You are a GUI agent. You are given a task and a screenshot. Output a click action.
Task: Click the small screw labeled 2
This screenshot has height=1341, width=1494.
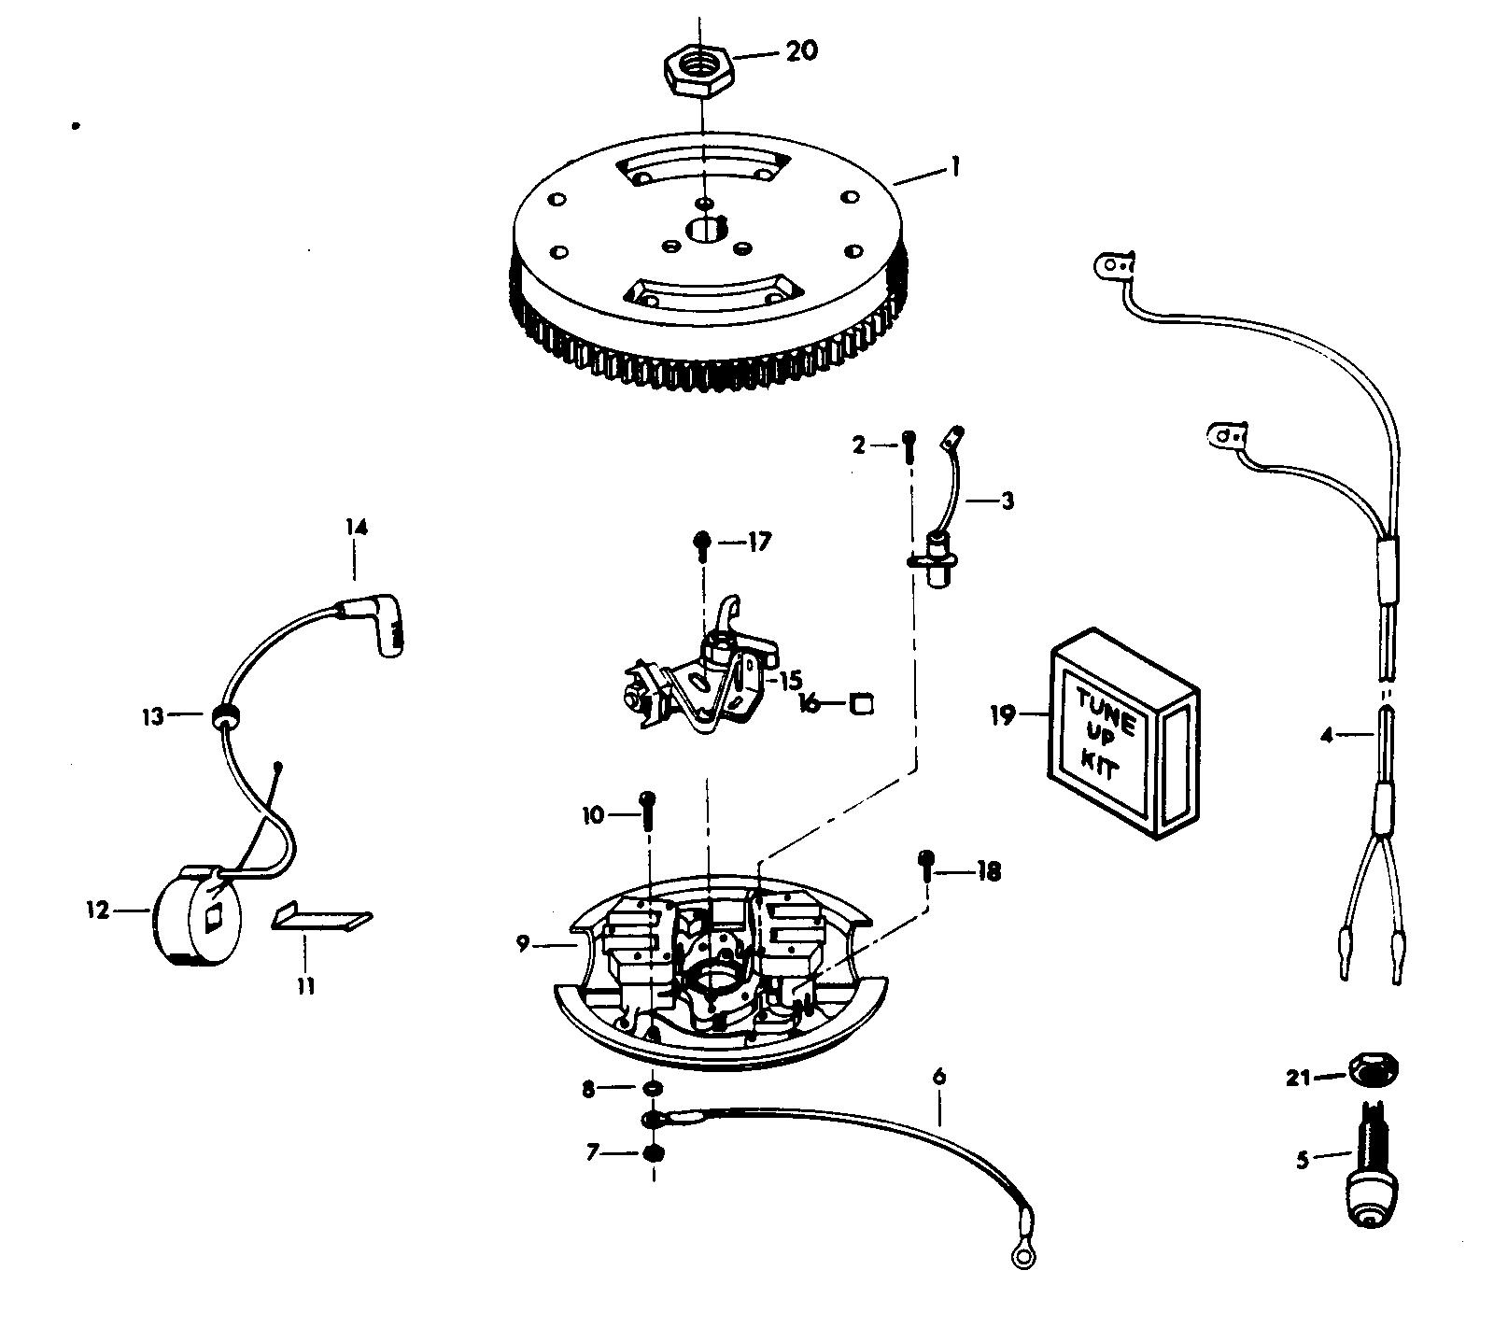coord(910,447)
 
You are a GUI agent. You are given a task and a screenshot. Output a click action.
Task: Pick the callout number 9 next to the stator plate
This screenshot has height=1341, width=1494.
coord(524,946)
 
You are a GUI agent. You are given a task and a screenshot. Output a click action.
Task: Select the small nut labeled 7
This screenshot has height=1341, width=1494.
coord(654,1153)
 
